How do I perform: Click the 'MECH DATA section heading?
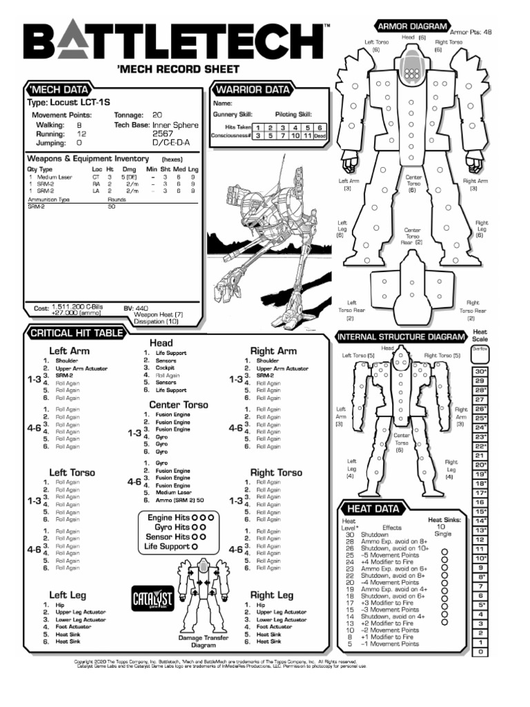pos(58,90)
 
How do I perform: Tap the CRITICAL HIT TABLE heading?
pos(77,334)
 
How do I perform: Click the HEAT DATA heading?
pos(373,509)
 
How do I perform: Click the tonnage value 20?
pos(157,115)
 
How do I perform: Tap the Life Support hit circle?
pos(195,547)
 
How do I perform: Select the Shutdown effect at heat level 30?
pos(375,534)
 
